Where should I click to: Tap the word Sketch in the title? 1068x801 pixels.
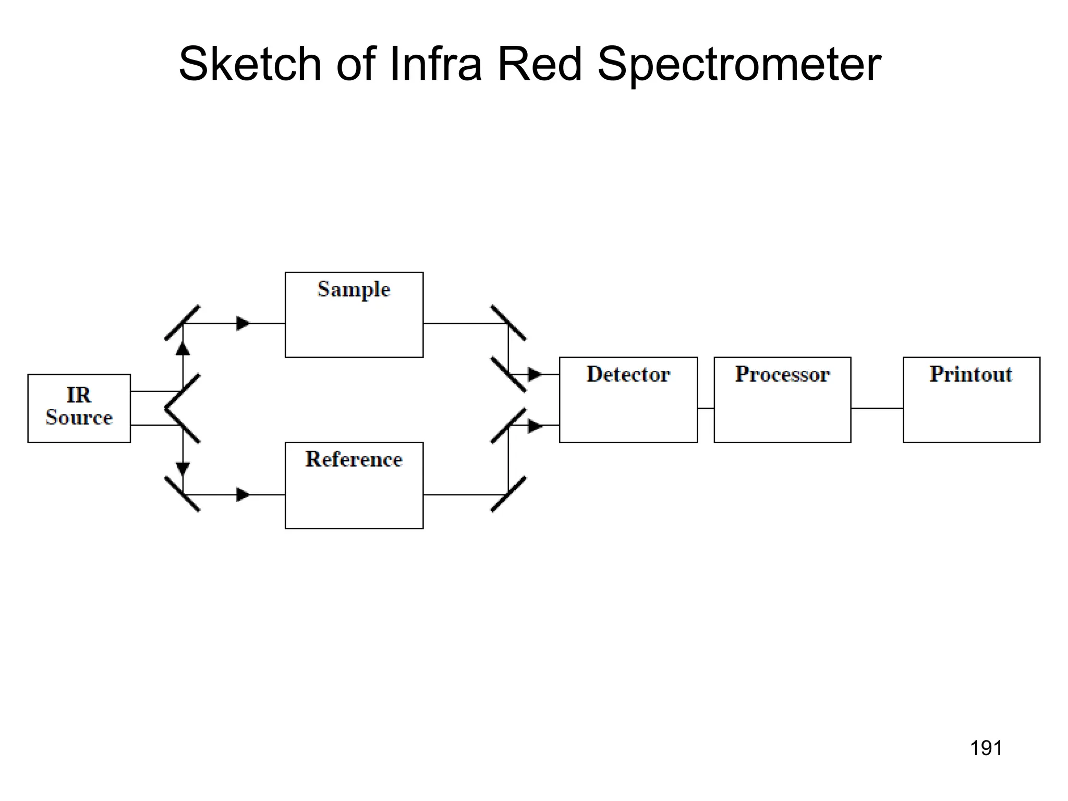pyautogui.click(x=250, y=64)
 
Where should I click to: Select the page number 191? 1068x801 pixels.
pyautogui.click(x=986, y=748)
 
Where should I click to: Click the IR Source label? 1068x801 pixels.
pyautogui.click(x=79, y=406)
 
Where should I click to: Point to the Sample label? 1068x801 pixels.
pyautogui.click(x=354, y=289)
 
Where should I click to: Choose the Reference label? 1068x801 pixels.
pyautogui.click(x=354, y=459)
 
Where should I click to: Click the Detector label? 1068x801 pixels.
pyautogui.click(x=628, y=374)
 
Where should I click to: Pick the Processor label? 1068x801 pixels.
pyautogui.click(x=782, y=374)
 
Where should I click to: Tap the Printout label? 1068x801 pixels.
pyautogui.click(x=970, y=374)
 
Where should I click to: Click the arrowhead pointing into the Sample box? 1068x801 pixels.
pyautogui.click(x=243, y=323)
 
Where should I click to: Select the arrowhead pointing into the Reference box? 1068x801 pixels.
pyautogui.click(x=243, y=494)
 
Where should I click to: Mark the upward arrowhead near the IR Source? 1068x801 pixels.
pyautogui.click(x=183, y=348)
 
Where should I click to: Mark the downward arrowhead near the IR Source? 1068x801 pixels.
pyautogui.click(x=183, y=469)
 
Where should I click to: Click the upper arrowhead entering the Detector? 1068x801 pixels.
pyautogui.click(x=535, y=374)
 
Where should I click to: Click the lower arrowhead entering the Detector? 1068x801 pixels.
pyautogui.click(x=535, y=426)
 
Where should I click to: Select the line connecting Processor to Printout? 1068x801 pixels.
pyautogui.click(x=877, y=408)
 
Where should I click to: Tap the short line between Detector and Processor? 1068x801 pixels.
pyautogui.click(x=706, y=408)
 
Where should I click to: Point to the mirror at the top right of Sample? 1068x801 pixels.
pyautogui.click(x=508, y=323)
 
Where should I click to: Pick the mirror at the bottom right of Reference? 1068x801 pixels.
pyautogui.click(x=508, y=494)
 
